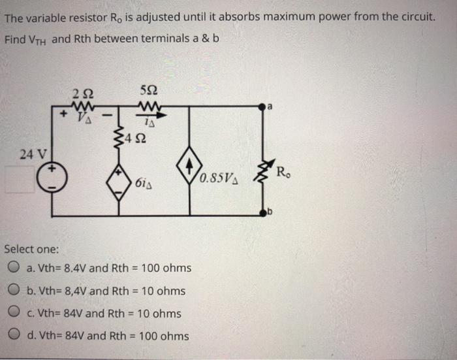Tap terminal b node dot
[265, 213]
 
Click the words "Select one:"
[31, 249]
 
